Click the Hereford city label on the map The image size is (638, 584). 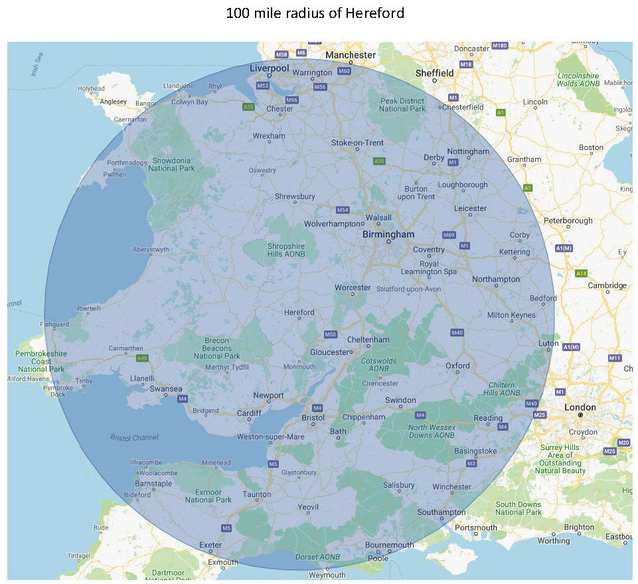pyautogui.click(x=299, y=312)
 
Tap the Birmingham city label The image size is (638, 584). pyautogui.click(x=388, y=234)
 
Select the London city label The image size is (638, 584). pyautogui.click(x=580, y=407)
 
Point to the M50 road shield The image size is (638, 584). pyautogui.click(x=330, y=334)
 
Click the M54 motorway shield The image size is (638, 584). pyautogui.click(x=342, y=210)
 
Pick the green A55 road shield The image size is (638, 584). pyautogui.click(x=248, y=107)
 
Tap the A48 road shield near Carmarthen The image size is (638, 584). pyautogui.click(x=141, y=358)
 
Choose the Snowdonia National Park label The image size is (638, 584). pyautogui.click(x=172, y=165)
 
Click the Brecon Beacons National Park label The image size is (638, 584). pyautogui.click(x=216, y=348)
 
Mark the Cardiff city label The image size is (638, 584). pyautogui.click(x=250, y=413)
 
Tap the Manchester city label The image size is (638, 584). pyautogui.click(x=351, y=55)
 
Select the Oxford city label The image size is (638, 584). pyautogui.click(x=457, y=366)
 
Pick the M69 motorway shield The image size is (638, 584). pyautogui.click(x=448, y=235)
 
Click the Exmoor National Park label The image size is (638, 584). pyautogui.click(x=208, y=495)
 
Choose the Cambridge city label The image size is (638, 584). pyautogui.click(x=607, y=285)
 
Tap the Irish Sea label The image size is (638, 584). pyautogui.click(x=36, y=65)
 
